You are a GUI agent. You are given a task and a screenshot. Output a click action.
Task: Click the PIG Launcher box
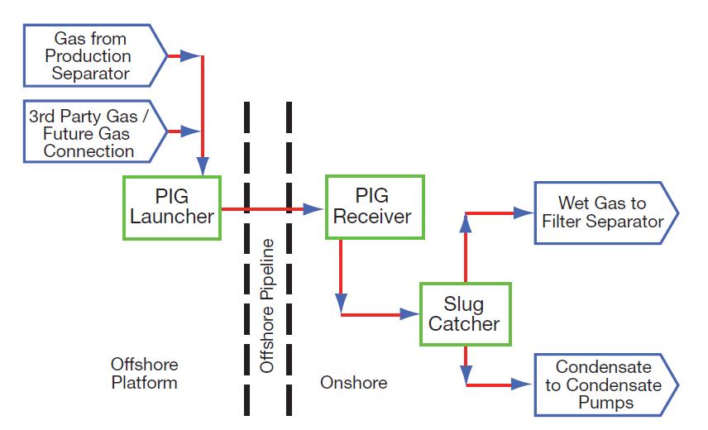tap(172, 207)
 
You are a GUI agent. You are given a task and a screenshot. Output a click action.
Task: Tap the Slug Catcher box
tap(464, 313)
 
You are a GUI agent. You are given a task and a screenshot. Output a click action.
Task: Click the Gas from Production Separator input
tap(91, 56)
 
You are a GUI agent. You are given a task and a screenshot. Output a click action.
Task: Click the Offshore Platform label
tap(144, 374)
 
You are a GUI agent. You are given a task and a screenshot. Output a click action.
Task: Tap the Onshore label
tap(353, 383)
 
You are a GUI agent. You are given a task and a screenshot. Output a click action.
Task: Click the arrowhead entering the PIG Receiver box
tap(313, 208)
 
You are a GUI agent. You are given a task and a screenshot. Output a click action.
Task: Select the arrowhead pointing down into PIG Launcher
tap(203, 165)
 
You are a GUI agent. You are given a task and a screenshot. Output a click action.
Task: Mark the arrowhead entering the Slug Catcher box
tap(410, 314)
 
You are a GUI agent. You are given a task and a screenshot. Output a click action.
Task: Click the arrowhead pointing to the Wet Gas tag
tap(524, 213)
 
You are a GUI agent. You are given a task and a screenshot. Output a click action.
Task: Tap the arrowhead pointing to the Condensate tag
tap(523, 385)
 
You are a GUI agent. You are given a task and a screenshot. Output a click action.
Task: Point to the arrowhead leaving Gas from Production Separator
tap(190, 56)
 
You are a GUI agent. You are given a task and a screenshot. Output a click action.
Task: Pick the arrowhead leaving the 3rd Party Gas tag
tap(190, 131)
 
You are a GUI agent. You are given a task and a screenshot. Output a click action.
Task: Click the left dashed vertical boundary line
tap(246, 256)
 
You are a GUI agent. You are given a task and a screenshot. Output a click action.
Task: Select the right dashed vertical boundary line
tap(289, 256)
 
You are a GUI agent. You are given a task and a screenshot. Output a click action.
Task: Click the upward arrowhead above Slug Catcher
tap(466, 236)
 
